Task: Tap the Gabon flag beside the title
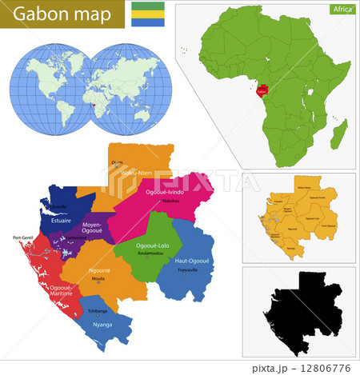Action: coord(150,14)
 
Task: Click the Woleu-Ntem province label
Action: coord(137,172)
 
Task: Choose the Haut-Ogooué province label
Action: coord(193,260)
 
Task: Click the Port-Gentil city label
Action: coord(25,237)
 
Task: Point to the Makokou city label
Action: coord(171,201)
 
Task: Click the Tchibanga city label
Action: coord(98,311)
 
